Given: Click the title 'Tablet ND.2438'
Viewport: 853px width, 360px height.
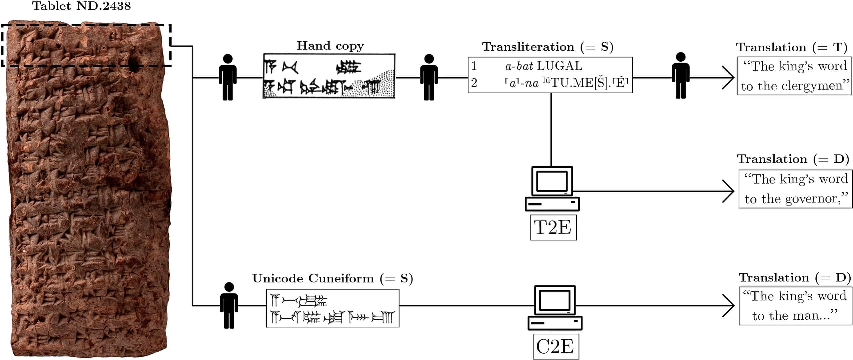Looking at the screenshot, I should click(x=81, y=6).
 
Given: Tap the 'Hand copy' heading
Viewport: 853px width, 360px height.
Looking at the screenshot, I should click(x=330, y=46).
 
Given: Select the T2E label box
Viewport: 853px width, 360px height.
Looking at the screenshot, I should click(x=553, y=228).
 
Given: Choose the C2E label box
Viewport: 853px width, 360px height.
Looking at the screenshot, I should click(x=555, y=347).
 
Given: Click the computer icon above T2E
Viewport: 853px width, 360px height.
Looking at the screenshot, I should click(x=552, y=188).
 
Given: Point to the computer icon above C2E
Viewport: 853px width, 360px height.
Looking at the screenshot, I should click(x=555, y=307).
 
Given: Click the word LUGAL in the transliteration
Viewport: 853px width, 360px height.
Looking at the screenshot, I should click(x=560, y=66).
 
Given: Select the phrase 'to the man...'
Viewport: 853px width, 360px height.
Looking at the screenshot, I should click(x=795, y=315).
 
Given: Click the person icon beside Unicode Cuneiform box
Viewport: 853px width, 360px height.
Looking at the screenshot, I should click(x=229, y=305).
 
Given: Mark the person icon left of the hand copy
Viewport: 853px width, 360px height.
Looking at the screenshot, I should click(x=228, y=77).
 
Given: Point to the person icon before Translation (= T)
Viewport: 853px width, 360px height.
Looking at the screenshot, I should click(x=680, y=76).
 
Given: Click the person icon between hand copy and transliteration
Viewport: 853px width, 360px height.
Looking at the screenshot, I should click(x=429, y=77).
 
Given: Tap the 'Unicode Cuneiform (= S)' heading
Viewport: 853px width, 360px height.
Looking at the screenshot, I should click(x=332, y=278).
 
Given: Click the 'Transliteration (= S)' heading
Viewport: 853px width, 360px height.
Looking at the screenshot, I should click(x=547, y=47).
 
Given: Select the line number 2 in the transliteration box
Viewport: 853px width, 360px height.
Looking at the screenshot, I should click(x=474, y=83).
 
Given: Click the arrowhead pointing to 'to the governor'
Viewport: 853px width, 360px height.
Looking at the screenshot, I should click(x=730, y=191).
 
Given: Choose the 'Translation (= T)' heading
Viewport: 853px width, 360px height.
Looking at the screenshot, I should click(x=792, y=47).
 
